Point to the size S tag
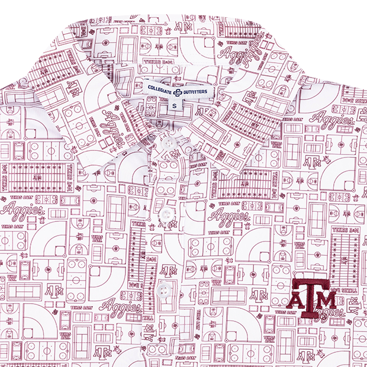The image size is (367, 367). coord(178,104)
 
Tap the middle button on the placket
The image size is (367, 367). coord(166,214)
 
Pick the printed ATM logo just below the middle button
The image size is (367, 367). coord(168,225)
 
